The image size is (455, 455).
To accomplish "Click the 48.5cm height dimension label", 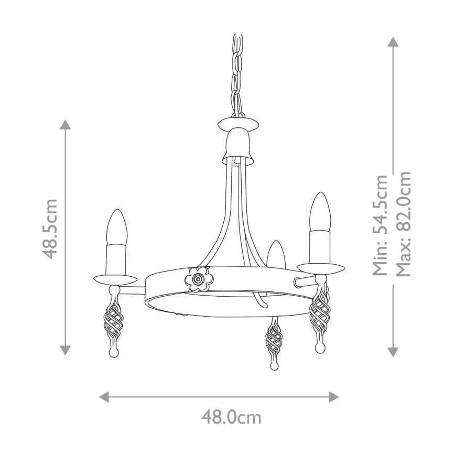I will (x=51, y=229).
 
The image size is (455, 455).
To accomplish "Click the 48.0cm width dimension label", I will (x=231, y=417).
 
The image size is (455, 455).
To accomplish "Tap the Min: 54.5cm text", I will (x=380, y=225).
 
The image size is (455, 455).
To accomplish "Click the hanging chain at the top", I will (x=237, y=73).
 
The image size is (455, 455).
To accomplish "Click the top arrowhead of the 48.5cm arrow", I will (x=64, y=124).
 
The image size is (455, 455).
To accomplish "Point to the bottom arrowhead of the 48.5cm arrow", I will (x=64, y=350).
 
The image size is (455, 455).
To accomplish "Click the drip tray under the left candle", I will (x=115, y=277).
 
